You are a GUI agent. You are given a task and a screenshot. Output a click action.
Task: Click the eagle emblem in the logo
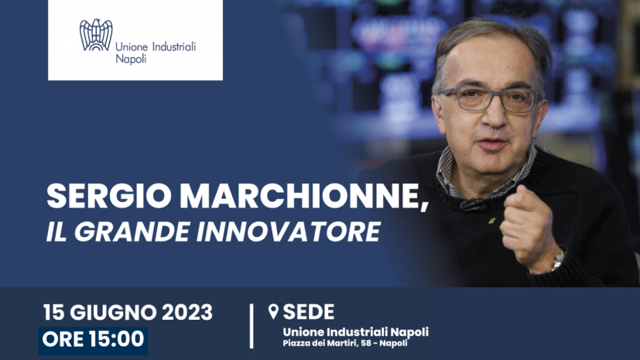tap(96, 35)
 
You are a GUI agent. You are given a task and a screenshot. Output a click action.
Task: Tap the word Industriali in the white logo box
tap(174, 46)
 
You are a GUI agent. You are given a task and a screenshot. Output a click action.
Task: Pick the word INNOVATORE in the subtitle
tap(289, 231)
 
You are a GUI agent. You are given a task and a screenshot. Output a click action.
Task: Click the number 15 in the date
tap(53, 313)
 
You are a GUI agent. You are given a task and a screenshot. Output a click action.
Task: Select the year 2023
tap(187, 313)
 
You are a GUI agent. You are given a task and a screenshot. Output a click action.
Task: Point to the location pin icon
tap(273, 312)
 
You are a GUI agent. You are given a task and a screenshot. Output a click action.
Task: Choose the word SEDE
tap(309, 312)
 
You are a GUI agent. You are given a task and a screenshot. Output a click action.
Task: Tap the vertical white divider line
tap(252, 326)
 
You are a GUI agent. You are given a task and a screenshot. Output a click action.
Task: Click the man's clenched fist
tap(526, 228)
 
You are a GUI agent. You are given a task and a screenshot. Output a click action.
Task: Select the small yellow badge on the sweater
tap(491, 221)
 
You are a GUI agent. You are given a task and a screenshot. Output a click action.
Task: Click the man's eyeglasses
tap(490, 99)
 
